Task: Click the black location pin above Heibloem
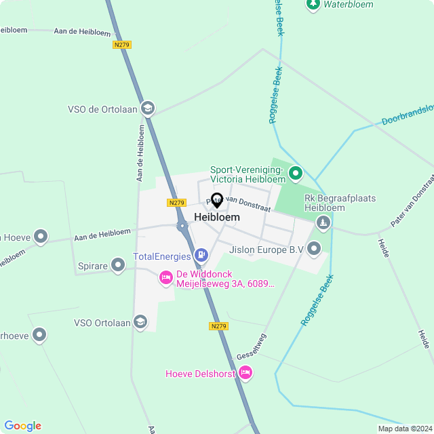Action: tap(217, 201)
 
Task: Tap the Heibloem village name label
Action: tap(217, 217)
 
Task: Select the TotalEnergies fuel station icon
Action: tap(201, 254)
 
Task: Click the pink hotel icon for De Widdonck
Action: tap(166, 277)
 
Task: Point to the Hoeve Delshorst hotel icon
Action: tap(245, 372)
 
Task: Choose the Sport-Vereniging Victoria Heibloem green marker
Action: tap(295, 174)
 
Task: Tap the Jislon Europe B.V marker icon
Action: tap(313, 249)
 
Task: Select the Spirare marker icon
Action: tap(118, 266)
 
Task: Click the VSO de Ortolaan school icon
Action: tap(148, 108)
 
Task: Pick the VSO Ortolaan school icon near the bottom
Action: tap(140, 321)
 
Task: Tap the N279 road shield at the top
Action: tap(121, 45)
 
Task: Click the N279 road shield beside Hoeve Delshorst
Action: tap(218, 326)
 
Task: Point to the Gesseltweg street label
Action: tap(252, 347)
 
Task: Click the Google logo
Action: tap(22, 426)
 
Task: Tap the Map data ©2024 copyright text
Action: tap(404, 429)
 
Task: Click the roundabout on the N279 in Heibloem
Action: tap(182, 226)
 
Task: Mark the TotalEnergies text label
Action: tap(161, 256)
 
